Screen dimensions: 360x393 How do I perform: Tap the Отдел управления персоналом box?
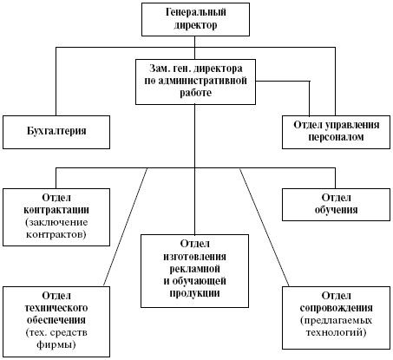(334, 130)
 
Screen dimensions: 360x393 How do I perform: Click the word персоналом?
(334, 137)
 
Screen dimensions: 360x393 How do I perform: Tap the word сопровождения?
(334, 308)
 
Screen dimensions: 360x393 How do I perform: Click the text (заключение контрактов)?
(57, 228)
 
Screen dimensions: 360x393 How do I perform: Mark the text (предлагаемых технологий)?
(334, 327)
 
